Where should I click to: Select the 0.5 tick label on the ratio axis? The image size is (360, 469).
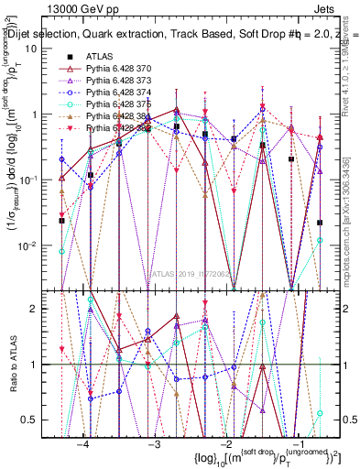click(37, 419)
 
